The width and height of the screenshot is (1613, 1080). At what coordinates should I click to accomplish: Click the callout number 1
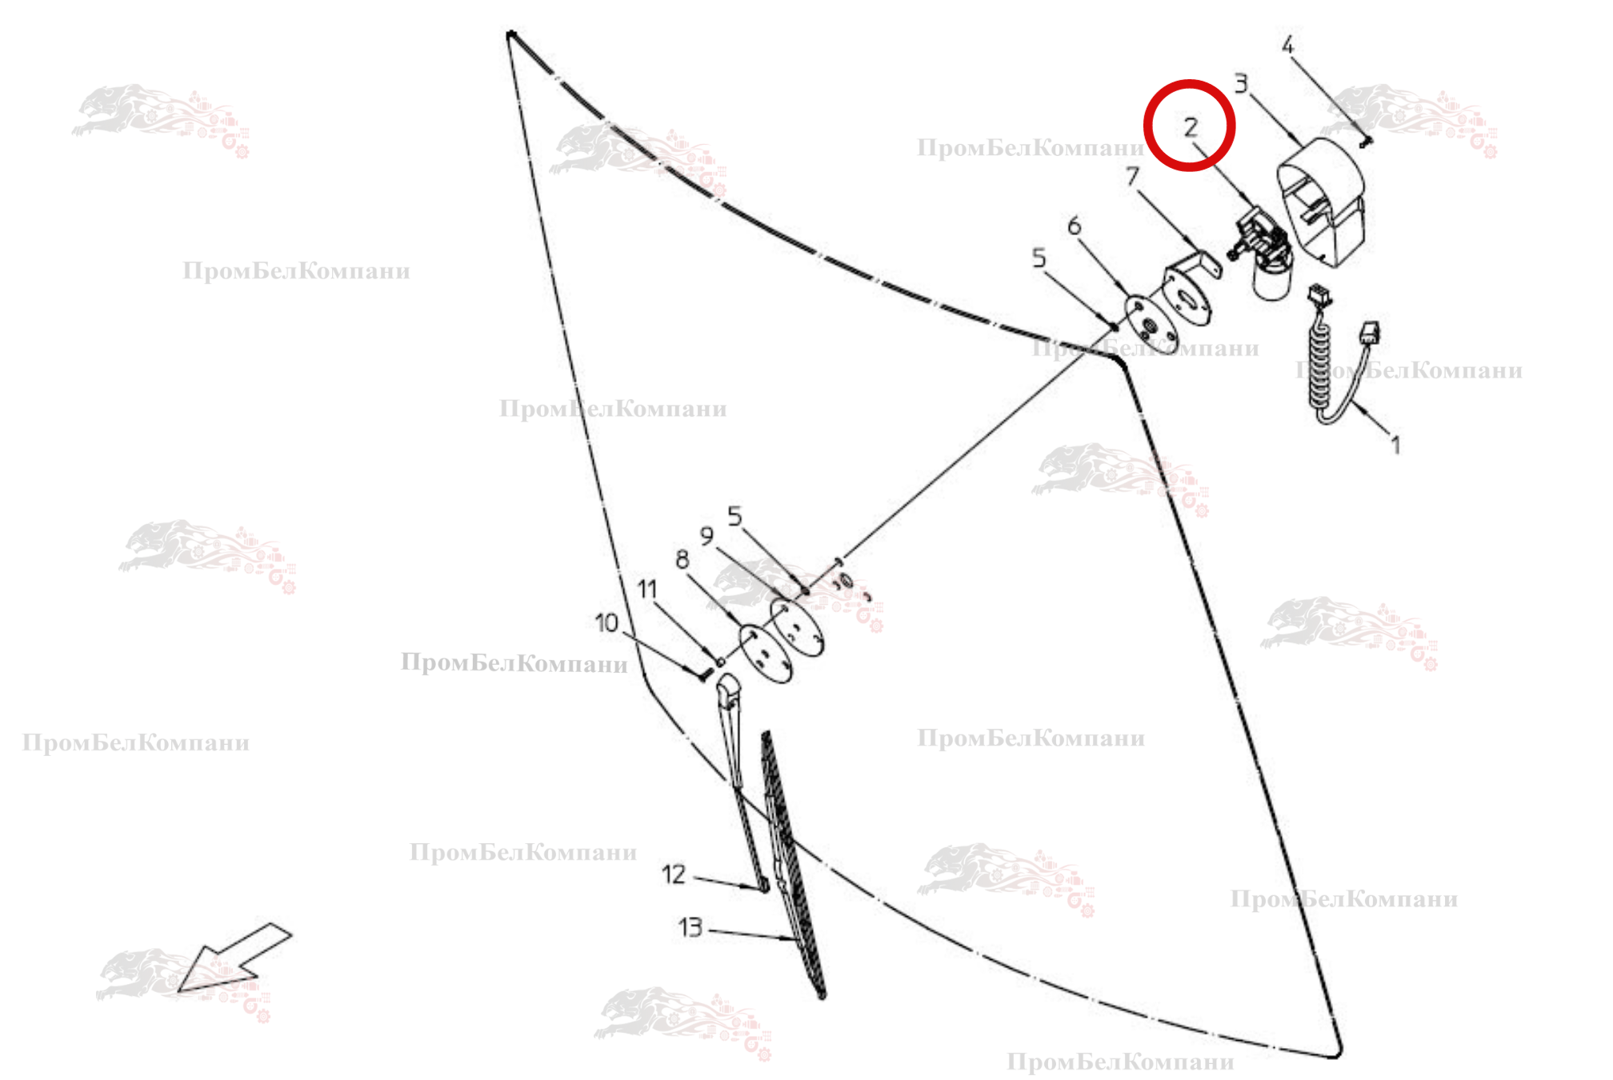pos(1395,444)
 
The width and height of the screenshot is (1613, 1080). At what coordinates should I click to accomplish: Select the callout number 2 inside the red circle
pos(1191,126)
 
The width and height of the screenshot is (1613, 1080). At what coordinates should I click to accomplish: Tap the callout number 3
pos(1240,83)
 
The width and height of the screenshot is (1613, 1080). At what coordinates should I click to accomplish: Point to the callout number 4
pos(1287,45)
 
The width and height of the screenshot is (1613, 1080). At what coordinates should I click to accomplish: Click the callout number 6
pos(1074,226)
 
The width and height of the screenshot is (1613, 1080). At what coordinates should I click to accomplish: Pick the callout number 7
pos(1132,176)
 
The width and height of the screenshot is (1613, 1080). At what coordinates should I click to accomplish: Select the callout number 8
pos(682,558)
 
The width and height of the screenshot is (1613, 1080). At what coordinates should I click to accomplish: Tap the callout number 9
pos(706,535)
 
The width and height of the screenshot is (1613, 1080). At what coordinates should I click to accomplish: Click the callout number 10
pos(606,622)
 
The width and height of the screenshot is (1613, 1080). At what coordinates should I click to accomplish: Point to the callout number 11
pos(646,590)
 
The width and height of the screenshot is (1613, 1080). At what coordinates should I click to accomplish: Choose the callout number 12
pos(674,874)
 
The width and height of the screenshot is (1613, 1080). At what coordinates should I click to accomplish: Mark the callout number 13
pos(690,927)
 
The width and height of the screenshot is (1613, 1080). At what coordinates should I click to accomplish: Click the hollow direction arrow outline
pos(234,958)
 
